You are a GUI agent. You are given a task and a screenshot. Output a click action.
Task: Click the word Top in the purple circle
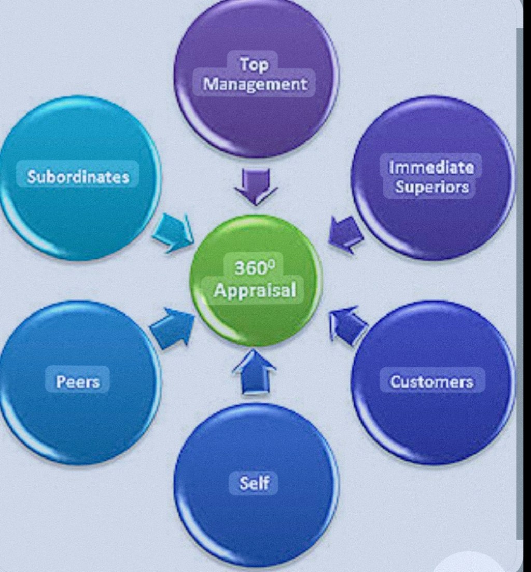[x=254, y=65]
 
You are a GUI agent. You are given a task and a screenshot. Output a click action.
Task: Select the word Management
[x=255, y=83]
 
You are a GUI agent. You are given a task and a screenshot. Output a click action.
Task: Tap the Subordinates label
[x=78, y=177]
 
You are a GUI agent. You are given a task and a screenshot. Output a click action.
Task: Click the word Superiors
[x=431, y=187]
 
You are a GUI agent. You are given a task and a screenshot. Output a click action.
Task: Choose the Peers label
[x=78, y=382]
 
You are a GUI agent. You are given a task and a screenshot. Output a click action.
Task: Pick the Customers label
[x=431, y=382]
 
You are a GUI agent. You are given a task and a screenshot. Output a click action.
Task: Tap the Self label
[x=254, y=483]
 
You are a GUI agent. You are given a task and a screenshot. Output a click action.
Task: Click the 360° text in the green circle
[x=254, y=268]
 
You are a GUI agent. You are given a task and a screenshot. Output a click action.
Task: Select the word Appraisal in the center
[x=255, y=290]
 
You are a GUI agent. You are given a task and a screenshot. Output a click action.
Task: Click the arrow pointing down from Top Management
[x=256, y=185]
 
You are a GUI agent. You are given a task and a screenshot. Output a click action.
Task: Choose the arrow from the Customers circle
[x=346, y=324]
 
